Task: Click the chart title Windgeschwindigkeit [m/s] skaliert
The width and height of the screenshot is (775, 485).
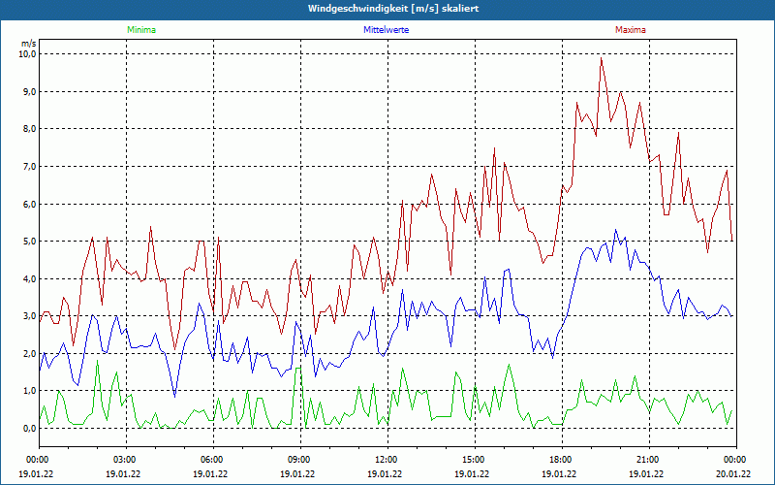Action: click(x=387, y=8)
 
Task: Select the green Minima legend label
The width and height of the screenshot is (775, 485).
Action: click(x=140, y=30)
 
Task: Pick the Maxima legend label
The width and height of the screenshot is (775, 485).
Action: click(x=630, y=30)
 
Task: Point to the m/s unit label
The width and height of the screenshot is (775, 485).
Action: click(x=28, y=44)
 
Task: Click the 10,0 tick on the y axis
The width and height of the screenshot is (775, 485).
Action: click(x=26, y=54)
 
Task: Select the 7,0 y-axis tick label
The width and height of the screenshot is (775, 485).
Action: click(x=28, y=167)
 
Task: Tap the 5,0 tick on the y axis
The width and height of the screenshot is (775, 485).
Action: click(x=28, y=242)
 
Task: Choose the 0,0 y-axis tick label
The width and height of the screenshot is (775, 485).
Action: click(x=28, y=429)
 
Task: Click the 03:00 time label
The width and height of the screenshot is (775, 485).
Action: click(x=125, y=460)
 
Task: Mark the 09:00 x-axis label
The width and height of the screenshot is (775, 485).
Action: click(x=299, y=460)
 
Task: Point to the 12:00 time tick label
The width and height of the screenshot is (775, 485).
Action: click(x=387, y=460)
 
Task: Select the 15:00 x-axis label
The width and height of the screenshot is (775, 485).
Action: click(x=474, y=460)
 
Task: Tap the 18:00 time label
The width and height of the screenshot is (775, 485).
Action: click(x=561, y=460)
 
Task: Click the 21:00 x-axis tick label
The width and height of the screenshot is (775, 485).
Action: click(x=648, y=460)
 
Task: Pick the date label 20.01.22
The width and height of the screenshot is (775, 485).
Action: click(x=733, y=474)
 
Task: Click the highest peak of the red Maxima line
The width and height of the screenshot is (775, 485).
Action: click(x=601, y=58)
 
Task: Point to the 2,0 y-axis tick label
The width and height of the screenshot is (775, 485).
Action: click(x=28, y=354)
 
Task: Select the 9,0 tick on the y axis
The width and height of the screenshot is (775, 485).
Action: click(x=28, y=92)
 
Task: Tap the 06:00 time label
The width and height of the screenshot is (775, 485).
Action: click(x=212, y=460)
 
